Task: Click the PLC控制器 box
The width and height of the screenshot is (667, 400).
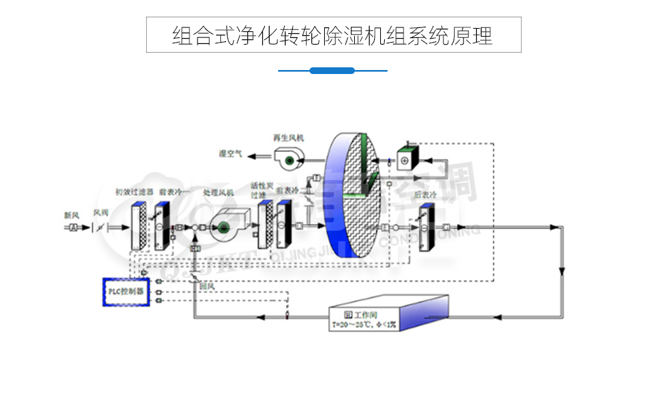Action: pyautogui.click(x=126, y=292)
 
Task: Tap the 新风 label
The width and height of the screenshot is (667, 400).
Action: pyautogui.click(x=72, y=215)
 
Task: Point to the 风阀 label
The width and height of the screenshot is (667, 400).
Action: pyautogui.click(x=101, y=213)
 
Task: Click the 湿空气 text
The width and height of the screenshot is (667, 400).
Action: pyautogui.click(x=231, y=154)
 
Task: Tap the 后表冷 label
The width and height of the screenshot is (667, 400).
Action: pyautogui.click(x=425, y=195)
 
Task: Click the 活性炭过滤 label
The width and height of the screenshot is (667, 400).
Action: pyautogui.click(x=262, y=190)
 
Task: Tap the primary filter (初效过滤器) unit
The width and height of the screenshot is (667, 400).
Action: pyautogui.click(x=139, y=224)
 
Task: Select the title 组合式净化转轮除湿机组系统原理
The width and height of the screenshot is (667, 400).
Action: pyautogui.click(x=333, y=35)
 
